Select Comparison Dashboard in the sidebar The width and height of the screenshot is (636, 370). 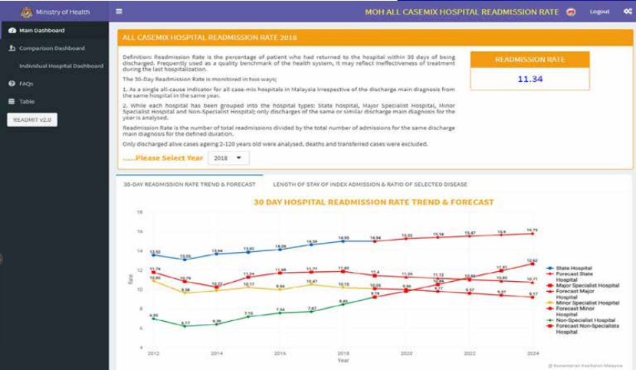(x=51, y=48)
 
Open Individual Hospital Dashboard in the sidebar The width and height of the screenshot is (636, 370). (x=61, y=66)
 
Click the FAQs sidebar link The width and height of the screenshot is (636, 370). (x=26, y=83)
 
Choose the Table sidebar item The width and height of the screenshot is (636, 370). (x=27, y=101)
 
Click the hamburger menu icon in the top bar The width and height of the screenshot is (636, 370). (x=119, y=11)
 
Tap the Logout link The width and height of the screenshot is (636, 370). (x=599, y=11)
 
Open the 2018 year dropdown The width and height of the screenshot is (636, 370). (x=228, y=158)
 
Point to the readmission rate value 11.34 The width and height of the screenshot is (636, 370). (x=529, y=79)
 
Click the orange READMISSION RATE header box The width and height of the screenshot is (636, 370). (x=529, y=60)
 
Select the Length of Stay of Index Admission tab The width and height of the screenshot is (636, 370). (x=370, y=185)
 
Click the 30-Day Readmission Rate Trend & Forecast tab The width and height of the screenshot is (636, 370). (x=189, y=185)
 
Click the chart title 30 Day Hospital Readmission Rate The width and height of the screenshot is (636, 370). (x=373, y=202)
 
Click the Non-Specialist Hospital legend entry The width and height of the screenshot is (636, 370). (x=587, y=319)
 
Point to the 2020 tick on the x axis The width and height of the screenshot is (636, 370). (x=407, y=353)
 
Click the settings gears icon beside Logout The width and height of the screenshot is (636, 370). (x=628, y=11)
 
